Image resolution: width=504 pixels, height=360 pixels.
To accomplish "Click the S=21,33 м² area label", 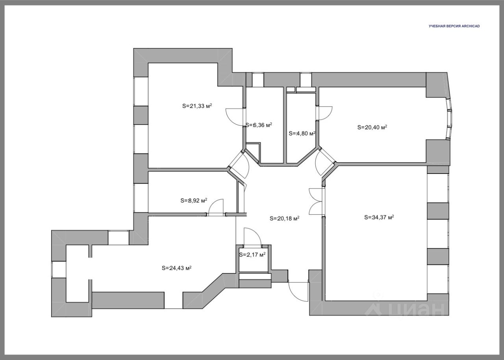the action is coord(197,106).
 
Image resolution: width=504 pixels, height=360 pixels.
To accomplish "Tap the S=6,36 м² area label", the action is coord(259,125).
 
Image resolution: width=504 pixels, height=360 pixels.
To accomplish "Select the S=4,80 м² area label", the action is coord(302,133).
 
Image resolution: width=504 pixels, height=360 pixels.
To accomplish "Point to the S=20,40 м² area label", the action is coord(372,127).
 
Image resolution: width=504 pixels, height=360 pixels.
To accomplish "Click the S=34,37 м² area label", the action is coord(379,218).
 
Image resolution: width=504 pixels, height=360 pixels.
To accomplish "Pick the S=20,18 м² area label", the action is coord(284,218).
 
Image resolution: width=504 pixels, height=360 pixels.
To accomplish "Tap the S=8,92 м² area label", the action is coord(194,201).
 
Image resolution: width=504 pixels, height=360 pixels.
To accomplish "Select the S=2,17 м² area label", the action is coord(252,255).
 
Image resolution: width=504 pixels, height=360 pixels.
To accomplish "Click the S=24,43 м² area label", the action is coord(177,268).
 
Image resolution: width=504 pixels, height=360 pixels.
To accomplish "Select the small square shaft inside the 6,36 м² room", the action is coord(253,150).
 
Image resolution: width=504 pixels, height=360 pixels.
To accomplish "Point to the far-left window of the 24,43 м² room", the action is coord(59,270).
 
